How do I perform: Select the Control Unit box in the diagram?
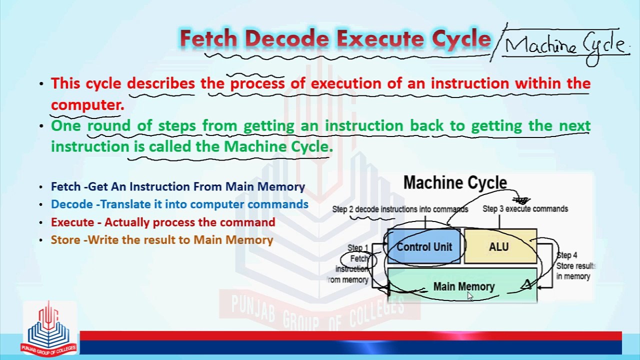point(424,247)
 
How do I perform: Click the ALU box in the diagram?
point(499,247)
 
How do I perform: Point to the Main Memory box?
point(463,286)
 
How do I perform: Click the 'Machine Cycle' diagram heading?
point(455,183)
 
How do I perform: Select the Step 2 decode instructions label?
point(400,209)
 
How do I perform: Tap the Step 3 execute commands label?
point(525,209)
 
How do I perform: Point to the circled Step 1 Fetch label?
point(358,258)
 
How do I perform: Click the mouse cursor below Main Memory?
point(469,296)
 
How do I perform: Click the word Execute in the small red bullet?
point(72,222)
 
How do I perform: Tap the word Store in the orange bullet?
point(65,240)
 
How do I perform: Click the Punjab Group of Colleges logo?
point(48,330)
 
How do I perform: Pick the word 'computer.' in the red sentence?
point(87,105)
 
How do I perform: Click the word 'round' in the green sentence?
point(108,125)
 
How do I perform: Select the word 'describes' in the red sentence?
point(160,83)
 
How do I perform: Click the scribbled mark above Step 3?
point(521,200)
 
